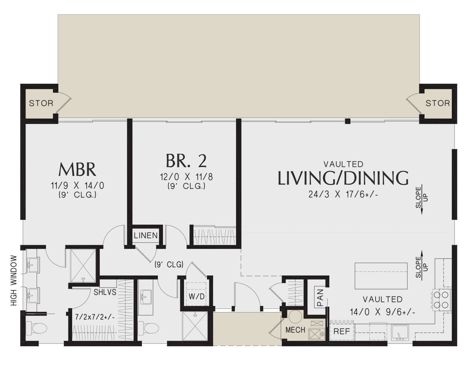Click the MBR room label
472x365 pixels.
pyautogui.click(x=77, y=170)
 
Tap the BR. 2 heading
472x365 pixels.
pyautogui.click(x=186, y=161)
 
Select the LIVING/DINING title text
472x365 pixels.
pyautogui.click(x=343, y=178)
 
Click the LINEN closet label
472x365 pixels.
pyautogui.click(x=146, y=235)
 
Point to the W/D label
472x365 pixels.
pyautogui.click(x=197, y=297)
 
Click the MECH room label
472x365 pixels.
pyautogui.click(x=295, y=330)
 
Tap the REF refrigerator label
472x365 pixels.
pyautogui.click(x=342, y=331)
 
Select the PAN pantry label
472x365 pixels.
pyautogui.click(x=320, y=297)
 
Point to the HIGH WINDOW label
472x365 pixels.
pyautogui.click(x=14, y=280)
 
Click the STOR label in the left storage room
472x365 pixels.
pyautogui.click(x=41, y=103)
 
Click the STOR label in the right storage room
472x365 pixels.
pyautogui.click(x=438, y=103)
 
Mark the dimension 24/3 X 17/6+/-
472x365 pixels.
pyautogui.click(x=343, y=195)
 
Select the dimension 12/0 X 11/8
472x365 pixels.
pyautogui.click(x=186, y=177)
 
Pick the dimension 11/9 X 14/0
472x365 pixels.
pyautogui.click(x=77, y=186)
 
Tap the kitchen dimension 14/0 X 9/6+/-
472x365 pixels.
pyautogui.click(x=382, y=312)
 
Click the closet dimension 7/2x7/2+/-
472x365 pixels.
pyautogui.click(x=95, y=317)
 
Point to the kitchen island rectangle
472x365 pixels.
pyautogui.click(x=381, y=276)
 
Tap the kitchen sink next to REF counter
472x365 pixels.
pyautogui.click(x=400, y=332)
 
